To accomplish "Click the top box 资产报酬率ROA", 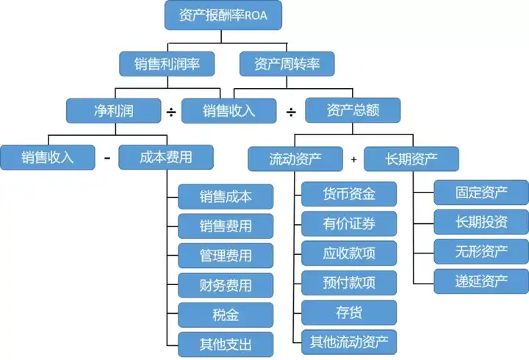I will tap(223, 15).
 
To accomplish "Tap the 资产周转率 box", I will tap(287, 63).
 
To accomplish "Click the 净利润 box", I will tap(113, 111).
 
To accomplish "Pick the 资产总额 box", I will tap(353, 110).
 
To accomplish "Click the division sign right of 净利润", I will tap(171, 112).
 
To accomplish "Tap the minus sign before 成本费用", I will tap(107, 158).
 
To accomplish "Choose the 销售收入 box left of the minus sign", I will tap(48, 157).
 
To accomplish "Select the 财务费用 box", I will tap(226, 285).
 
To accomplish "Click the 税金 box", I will tap(226, 314).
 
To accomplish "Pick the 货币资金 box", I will tap(349, 194).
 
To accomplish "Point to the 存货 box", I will tap(349, 312).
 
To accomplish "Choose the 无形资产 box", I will tap(481, 251).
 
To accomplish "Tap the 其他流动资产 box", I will tap(349, 341).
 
